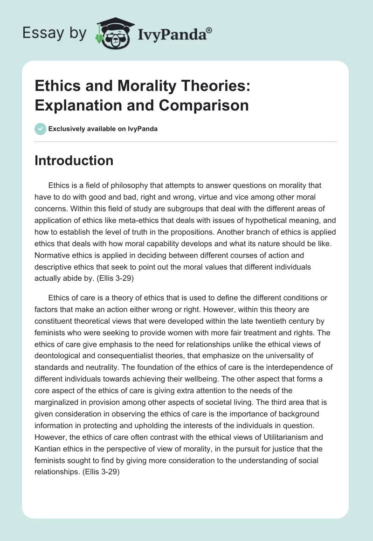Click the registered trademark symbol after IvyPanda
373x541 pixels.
(x=209, y=30)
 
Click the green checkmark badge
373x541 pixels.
(x=41, y=129)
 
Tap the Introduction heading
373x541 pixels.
(x=74, y=160)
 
